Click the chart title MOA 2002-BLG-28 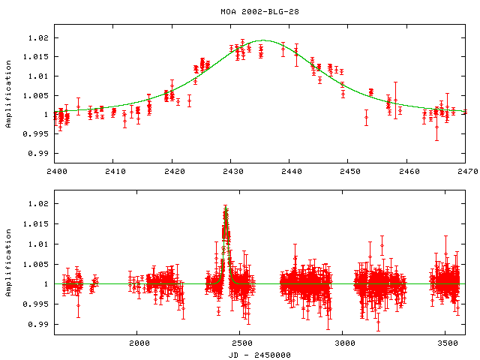257,11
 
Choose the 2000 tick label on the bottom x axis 139,343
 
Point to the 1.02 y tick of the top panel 37,37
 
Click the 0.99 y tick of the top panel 37,153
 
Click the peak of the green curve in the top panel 263,40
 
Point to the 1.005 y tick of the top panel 35,95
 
